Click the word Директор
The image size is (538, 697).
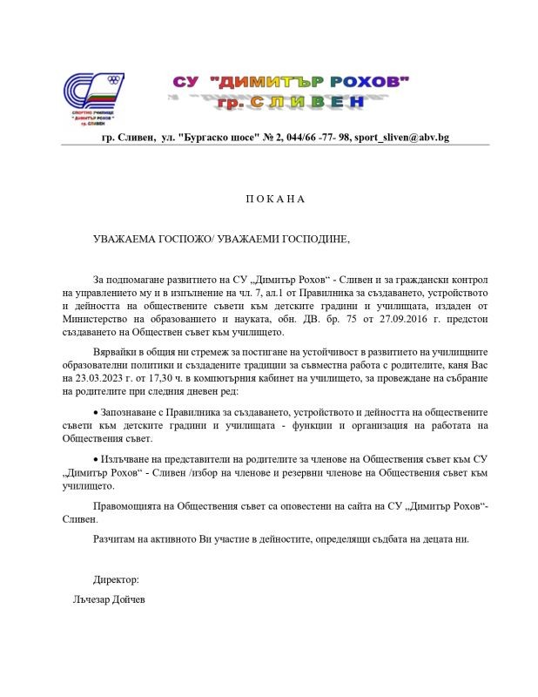(x=116, y=579)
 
